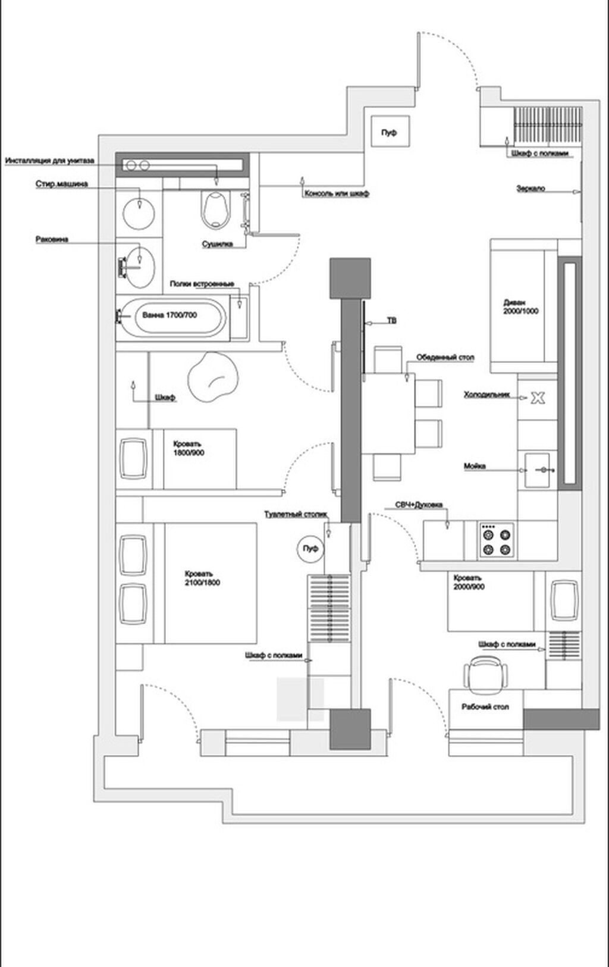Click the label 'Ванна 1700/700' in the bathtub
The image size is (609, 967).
point(169,315)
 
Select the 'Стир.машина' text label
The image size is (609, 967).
point(61,184)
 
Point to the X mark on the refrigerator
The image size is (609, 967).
point(538,398)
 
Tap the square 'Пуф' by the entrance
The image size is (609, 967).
point(389,132)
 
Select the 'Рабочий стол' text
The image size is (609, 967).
point(485,707)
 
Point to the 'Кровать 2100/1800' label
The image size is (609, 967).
point(202,578)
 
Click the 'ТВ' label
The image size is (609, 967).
point(391,321)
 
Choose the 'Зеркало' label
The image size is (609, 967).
point(530,189)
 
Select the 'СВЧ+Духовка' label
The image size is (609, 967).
point(419,505)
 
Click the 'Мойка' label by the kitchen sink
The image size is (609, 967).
point(475,466)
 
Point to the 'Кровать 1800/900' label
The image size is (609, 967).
point(188,448)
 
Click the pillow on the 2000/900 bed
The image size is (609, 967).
point(563,600)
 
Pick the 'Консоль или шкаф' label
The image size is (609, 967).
point(337,194)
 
